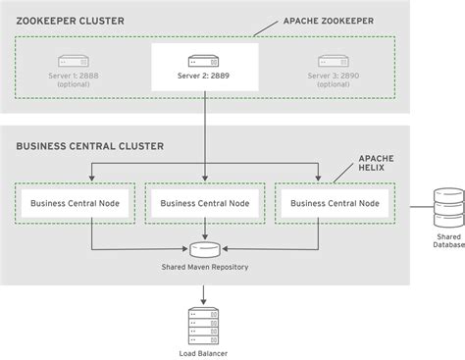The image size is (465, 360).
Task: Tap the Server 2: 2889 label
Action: pos(204,74)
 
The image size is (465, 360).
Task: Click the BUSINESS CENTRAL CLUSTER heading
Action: pos(89,146)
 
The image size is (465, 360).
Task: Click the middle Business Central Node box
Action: pos(204,203)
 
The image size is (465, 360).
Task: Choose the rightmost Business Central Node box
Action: pos(335,203)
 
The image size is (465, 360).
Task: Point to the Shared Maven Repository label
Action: pos(204,266)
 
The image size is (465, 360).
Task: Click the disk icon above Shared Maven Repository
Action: pos(204,247)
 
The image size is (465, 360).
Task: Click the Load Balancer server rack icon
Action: pos(204,325)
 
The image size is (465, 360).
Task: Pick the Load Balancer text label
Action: pos(204,351)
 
